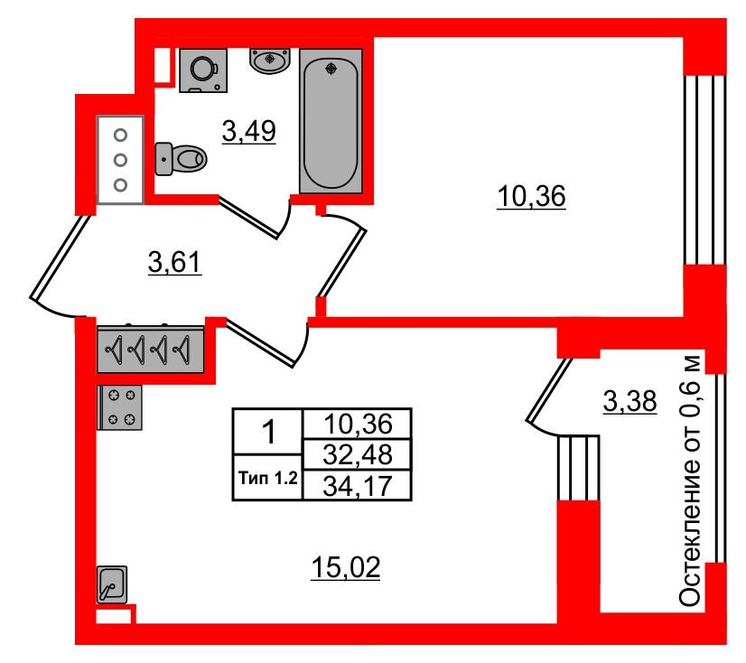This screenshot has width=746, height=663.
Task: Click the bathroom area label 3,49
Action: coord(249,131)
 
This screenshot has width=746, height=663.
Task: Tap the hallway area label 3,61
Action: coord(174,262)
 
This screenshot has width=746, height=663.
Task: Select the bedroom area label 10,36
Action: coord(531,196)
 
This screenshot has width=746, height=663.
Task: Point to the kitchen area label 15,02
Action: coord(346,567)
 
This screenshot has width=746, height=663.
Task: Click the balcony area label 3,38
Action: coord(629,401)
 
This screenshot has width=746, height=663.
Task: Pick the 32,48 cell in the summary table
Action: coord(358,454)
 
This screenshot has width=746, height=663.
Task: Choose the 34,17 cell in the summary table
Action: coord(358,486)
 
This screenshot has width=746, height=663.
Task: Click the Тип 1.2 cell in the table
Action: coord(268,478)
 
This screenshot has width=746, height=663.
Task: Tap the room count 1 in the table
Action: coord(268,432)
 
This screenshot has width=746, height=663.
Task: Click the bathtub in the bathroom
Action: coord(331,121)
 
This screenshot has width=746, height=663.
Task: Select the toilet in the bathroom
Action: coord(181,159)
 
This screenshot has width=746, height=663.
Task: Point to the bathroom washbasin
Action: coord(270,61)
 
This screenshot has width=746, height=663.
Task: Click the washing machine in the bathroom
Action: coord(203,70)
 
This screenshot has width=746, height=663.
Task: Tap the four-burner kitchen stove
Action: coord(120,407)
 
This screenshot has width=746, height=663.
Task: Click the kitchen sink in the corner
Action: coord(112,584)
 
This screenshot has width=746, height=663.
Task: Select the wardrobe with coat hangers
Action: coord(151,350)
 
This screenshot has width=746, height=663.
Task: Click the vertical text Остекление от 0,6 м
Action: coord(689,481)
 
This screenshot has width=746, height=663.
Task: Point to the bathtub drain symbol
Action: coord(331,69)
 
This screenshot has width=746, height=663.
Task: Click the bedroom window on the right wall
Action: coord(705,170)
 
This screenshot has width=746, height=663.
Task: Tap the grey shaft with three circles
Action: coord(120,160)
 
